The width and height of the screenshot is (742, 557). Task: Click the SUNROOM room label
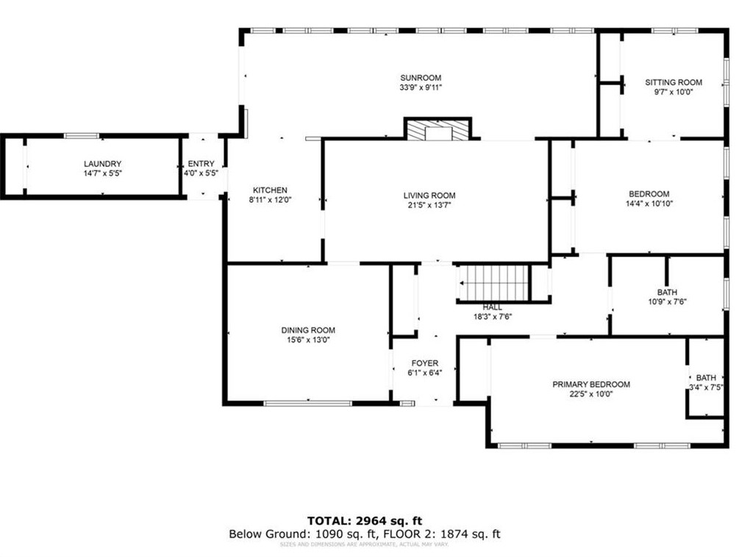(x=420, y=78)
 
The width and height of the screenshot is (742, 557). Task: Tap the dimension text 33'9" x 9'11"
(x=420, y=87)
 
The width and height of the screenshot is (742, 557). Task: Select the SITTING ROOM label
(x=673, y=82)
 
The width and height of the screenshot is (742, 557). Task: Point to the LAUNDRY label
(x=102, y=164)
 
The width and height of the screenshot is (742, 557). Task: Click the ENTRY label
(x=201, y=164)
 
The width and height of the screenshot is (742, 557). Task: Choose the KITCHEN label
(x=270, y=190)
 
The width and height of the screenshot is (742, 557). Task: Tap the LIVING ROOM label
(x=429, y=195)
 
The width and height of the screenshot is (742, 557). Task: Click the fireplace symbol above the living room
(x=438, y=130)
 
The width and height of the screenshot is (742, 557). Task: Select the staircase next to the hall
(x=494, y=282)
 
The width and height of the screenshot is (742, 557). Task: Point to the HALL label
(x=493, y=307)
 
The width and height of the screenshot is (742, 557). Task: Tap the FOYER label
(x=424, y=363)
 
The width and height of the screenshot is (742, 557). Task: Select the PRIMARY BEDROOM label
(x=591, y=384)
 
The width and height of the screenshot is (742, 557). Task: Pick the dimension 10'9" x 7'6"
(x=667, y=301)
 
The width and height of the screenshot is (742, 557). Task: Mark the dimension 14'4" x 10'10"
(x=649, y=204)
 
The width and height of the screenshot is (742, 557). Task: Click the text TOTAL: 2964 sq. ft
(x=365, y=521)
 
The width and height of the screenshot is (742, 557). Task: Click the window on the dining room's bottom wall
(x=307, y=403)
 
